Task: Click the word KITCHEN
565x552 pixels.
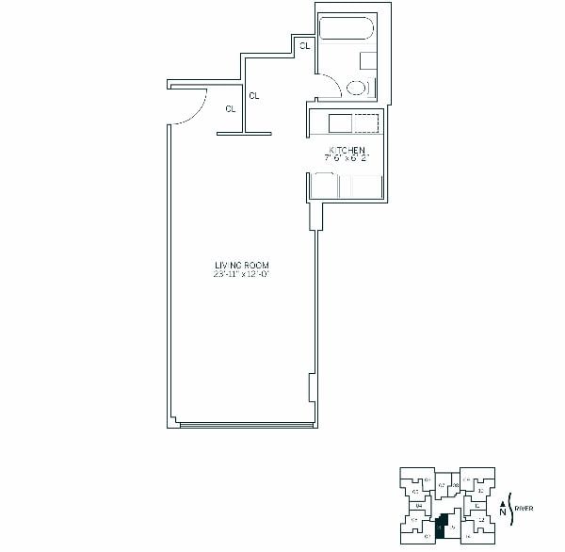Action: pos(347,150)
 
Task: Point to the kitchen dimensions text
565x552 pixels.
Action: pos(347,158)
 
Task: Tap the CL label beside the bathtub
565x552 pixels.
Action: pos(305,45)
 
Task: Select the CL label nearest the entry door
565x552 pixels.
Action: pos(231,109)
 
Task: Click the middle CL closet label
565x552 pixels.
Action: pos(254,95)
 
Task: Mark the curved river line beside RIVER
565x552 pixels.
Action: pos(510,509)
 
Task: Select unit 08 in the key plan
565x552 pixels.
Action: pos(455,484)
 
